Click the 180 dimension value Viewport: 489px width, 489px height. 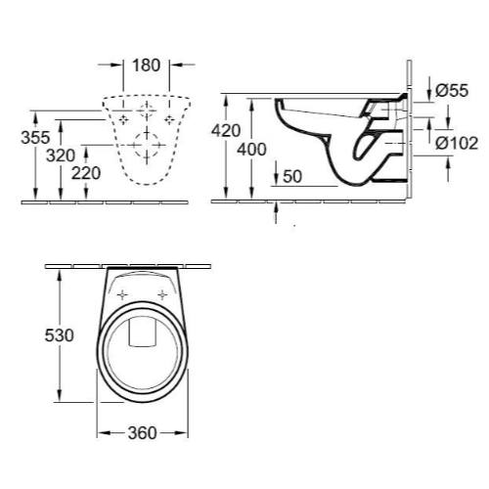click(x=146, y=66)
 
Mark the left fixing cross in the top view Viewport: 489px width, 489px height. click(x=122, y=292)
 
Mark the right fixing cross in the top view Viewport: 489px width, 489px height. click(x=159, y=292)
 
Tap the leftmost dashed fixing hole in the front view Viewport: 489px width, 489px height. click(x=121, y=118)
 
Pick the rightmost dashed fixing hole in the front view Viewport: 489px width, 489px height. click(x=172, y=118)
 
